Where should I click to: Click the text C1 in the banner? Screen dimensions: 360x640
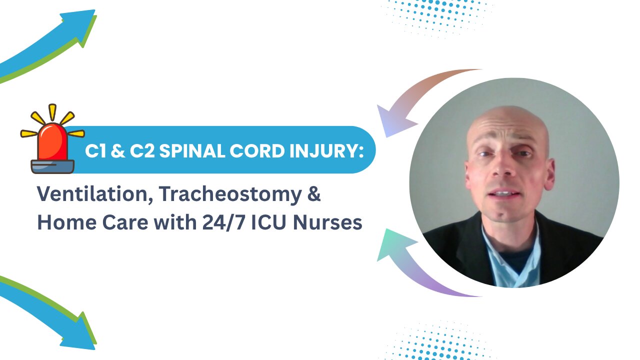pyautogui.click(x=94, y=150)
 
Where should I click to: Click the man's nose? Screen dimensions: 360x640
pyautogui.click(x=502, y=172)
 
